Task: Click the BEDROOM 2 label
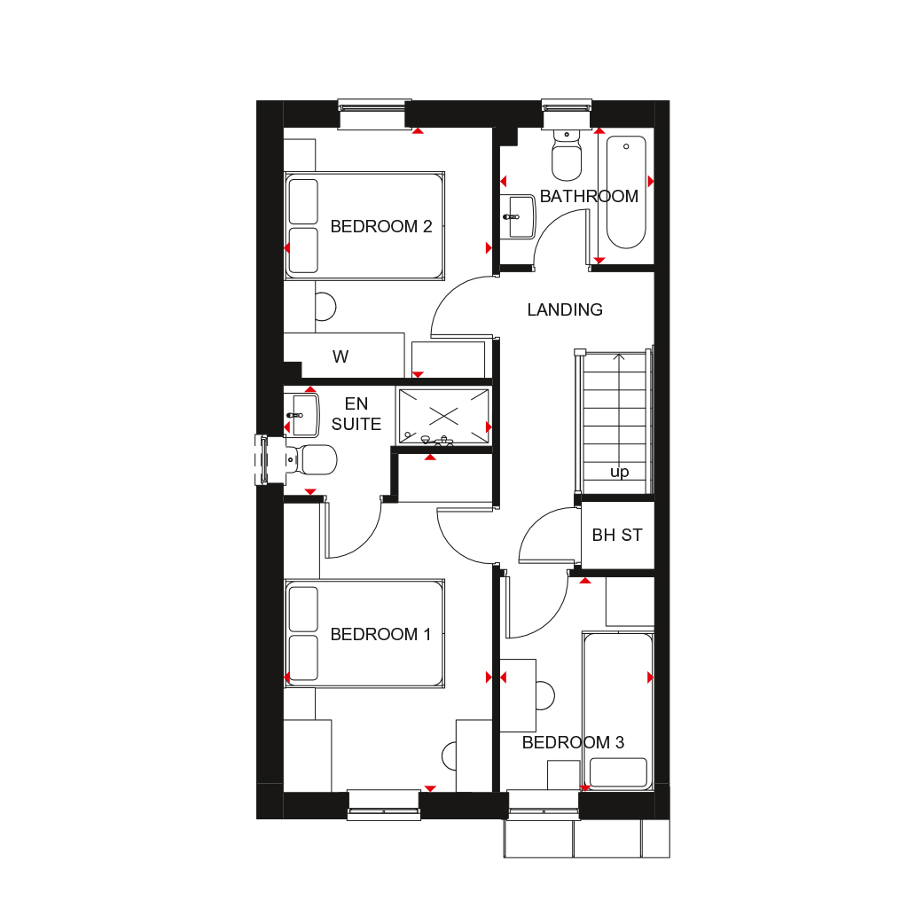(x=380, y=226)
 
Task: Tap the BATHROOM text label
(x=589, y=196)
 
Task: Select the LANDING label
(x=565, y=309)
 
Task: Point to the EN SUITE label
(x=356, y=415)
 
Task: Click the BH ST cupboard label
(x=617, y=536)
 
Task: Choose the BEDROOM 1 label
(x=380, y=634)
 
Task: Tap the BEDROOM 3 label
(x=573, y=742)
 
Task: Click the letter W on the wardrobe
(x=340, y=357)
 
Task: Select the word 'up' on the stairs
(x=619, y=472)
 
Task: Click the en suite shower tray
(x=443, y=415)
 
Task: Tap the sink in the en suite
(x=302, y=414)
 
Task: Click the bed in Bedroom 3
(x=618, y=709)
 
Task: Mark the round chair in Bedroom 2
(x=325, y=306)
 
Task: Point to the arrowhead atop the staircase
(x=619, y=357)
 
